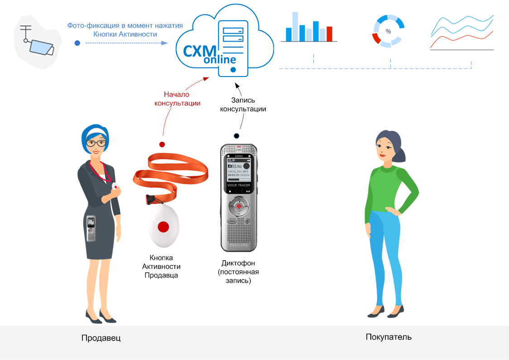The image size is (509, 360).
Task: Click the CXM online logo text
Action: [x=209, y=54]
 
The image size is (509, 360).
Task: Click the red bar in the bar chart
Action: [x=329, y=34]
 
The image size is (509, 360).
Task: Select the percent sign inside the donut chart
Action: [x=388, y=31]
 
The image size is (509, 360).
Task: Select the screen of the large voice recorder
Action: [x=239, y=170]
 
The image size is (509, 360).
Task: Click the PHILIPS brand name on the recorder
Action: [x=239, y=245]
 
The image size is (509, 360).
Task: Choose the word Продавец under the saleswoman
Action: [x=101, y=338]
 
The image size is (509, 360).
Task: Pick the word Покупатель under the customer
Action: [x=389, y=337]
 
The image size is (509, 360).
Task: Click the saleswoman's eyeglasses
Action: [x=96, y=143]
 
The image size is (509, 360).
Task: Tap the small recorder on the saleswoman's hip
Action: [x=91, y=228]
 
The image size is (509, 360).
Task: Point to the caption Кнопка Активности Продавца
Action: [x=161, y=266]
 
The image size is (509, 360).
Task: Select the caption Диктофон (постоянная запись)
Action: [x=239, y=272]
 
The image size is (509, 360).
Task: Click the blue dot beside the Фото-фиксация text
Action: [x=77, y=43]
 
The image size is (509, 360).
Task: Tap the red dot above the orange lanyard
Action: [x=162, y=144]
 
